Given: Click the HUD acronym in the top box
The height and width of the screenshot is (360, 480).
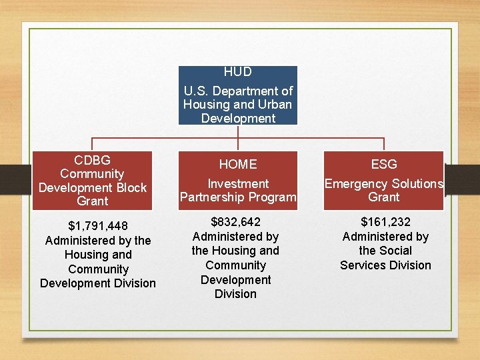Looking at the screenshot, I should pos(238,71).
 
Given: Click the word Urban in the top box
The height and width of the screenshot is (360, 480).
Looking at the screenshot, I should pos(276,105).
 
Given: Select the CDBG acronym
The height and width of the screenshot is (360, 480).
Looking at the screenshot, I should pos(93,160).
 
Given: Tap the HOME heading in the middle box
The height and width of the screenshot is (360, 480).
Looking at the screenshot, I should pos(238,164).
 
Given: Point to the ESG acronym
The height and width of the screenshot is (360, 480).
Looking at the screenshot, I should pos(384,164).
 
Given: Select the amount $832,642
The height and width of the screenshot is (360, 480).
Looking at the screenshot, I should pos(235,222).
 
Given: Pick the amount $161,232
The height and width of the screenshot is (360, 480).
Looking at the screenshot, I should pos(385,222).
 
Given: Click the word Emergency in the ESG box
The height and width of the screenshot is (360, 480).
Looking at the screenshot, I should pos(350,183).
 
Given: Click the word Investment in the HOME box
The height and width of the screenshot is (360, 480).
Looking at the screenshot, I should pos(238,183).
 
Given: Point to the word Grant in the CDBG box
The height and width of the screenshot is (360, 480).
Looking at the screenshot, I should pos(93,201).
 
